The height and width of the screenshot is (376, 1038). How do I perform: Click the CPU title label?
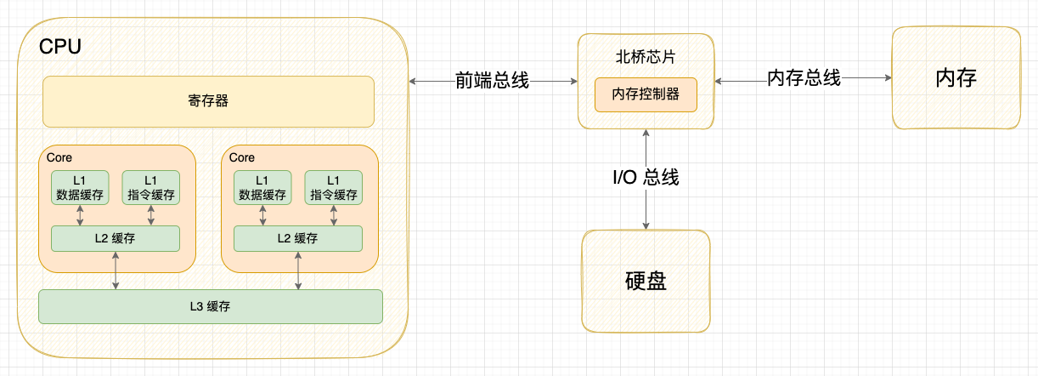click(60, 48)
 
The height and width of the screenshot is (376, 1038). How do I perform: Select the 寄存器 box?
click(208, 101)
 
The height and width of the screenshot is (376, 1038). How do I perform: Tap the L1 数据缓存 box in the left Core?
click(80, 188)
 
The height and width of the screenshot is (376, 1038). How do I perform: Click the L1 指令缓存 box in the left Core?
click(151, 188)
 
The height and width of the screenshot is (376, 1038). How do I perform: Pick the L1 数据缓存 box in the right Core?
click(262, 188)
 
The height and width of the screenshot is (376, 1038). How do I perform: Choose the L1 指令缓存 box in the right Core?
click(334, 188)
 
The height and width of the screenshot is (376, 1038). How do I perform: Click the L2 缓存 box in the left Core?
click(116, 239)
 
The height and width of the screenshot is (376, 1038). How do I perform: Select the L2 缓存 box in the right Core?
click(298, 239)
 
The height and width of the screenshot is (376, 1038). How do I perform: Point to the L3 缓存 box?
click(211, 306)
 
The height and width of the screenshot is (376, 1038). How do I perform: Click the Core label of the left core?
click(59, 157)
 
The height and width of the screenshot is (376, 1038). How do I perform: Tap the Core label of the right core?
click(242, 157)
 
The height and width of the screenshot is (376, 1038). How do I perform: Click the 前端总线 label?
click(492, 81)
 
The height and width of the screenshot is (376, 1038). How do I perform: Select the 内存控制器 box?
click(646, 94)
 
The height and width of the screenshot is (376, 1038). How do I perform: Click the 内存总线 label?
click(804, 78)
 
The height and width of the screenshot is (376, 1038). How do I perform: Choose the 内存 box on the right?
click(956, 78)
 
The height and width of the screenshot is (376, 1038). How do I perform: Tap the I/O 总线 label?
click(646, 178)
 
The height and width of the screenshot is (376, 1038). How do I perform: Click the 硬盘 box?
click(646, 281)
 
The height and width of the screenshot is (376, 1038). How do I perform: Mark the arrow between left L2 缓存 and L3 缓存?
click(116, 271)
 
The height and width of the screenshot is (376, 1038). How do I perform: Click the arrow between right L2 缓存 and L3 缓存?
click(298, 271)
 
